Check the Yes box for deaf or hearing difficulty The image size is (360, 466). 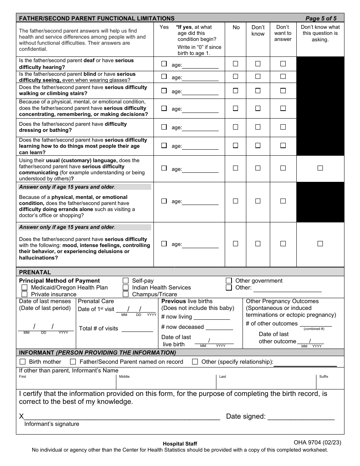tap(164, 64)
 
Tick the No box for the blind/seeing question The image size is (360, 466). tap(236, 77)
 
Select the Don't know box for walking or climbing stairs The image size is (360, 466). tap(258, 91)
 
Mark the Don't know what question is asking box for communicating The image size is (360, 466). tap(320, 168)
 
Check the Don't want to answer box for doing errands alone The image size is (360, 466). tap(283, 201)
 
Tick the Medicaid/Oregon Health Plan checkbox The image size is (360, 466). tap(25, 288)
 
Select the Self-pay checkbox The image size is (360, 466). tap(126, 281)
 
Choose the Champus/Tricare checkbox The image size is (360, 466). tap(126, 294)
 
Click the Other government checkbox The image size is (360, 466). tap(229, 281)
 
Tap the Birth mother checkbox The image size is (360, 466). tap(23, 362)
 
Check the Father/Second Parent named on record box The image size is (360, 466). tap(73, 362)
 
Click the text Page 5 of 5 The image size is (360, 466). tap(321, 18)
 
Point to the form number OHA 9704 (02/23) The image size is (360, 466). tap(318, 442)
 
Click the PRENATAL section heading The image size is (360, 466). tap(35, 272)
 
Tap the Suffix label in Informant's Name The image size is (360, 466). tap(324, 377)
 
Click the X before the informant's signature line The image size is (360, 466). tap(21, 416)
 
